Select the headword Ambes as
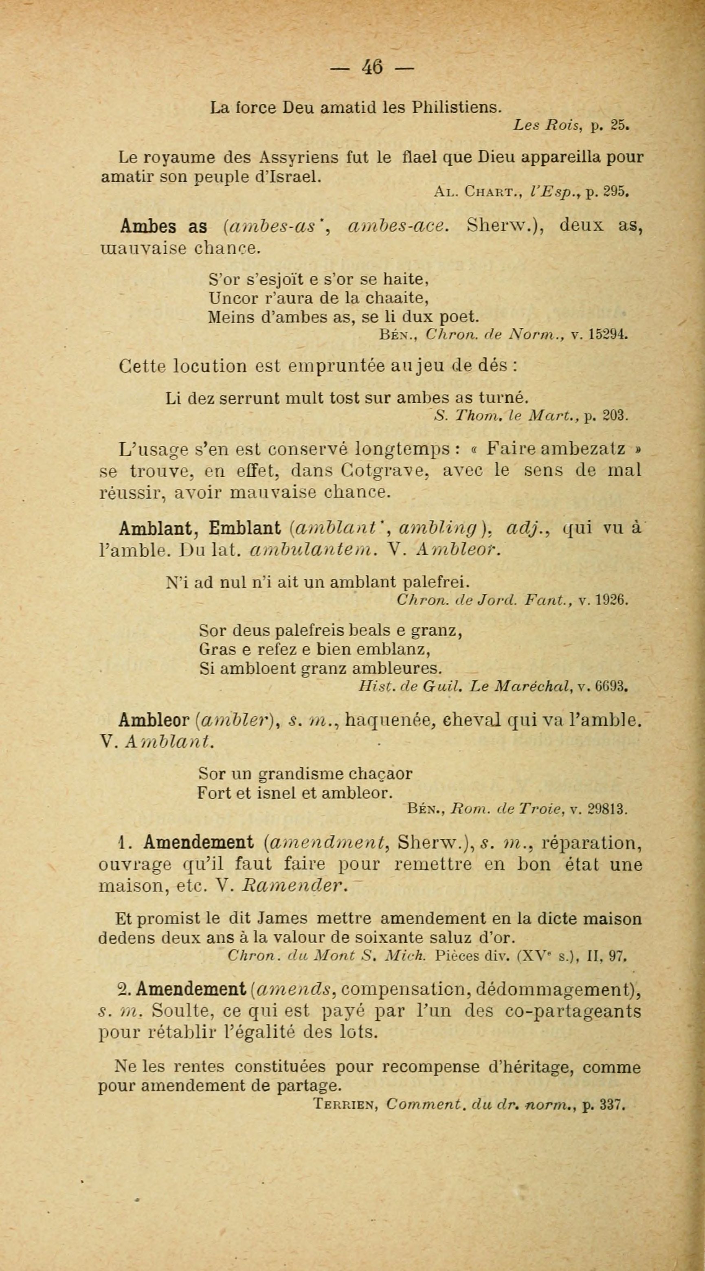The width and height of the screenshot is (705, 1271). click(163, 226)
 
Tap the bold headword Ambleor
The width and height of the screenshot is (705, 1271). click(155, 721)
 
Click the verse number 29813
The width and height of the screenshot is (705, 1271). click(607, 810)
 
